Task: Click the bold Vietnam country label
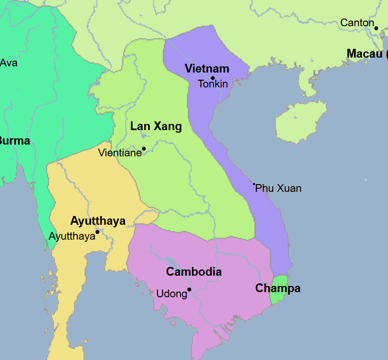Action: click(x=207, y=69)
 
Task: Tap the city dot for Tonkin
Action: click(x=213, y=78)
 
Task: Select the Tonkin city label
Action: click(x=213, y=84)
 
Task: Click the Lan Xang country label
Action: click(x=156, y=126)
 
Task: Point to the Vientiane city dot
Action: click(x=144, y=149)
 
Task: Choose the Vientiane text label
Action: click(x=120, y=153)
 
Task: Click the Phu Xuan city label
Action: click(x=278, y=188)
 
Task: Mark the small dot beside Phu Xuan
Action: click(x=254, y=184)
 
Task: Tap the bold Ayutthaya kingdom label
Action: click(x=98, y=221)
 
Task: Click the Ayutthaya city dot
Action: click(x=97, y=232)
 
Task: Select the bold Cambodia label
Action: click(x=194, y=272)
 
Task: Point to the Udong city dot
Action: click(x=189, y=290)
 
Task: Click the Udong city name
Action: click(x=171, y=294)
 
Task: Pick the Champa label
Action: click(x=278, y=289)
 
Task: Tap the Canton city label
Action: click(x=357, y=23)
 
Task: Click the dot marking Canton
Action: click(x=376, y=28)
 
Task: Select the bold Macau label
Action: click(x=365, y=53)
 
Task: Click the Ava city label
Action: click(x=8, y=63)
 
